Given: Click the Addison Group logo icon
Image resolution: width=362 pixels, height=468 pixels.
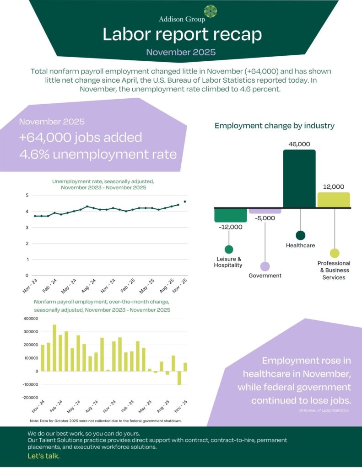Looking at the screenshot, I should (x=211, y=11).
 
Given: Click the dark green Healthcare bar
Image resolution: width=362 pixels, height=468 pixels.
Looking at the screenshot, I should (x=299, y=179).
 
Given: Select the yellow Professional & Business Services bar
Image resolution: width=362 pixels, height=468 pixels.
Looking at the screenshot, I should (x=334, y=200).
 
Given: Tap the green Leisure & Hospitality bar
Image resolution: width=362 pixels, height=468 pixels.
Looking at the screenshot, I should (x=231, y=215).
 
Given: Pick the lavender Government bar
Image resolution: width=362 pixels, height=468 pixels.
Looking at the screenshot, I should (x=265, y=211).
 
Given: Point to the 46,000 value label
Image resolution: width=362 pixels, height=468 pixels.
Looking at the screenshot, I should (x=300, y=144).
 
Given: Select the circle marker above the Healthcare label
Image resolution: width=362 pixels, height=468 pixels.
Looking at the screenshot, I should (x=300, y=235).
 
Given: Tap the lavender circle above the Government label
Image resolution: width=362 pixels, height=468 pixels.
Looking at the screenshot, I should (x=265, y=266).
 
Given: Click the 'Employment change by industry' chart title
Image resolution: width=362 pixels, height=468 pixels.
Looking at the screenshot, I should (x=275, y=125).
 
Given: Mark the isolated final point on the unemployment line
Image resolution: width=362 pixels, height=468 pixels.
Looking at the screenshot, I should (x=185, y=202).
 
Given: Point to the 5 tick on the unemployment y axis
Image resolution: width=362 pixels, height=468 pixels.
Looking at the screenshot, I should (x=27, y=195).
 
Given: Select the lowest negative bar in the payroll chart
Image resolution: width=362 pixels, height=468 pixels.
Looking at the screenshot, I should (x=179, y=378).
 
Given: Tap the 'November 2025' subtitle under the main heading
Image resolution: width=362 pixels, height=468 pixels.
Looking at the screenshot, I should (x=181, y=52).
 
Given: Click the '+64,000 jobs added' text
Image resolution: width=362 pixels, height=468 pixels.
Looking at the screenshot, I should (x=81, y=137).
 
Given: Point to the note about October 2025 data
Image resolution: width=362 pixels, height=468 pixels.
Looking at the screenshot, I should (x=106, y=420).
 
